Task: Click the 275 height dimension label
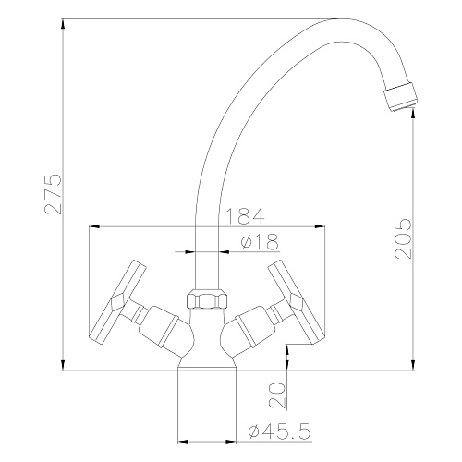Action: [54, 194]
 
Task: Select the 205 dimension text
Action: [403, 238]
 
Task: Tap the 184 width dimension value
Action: [245, 216]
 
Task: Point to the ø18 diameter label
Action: [260, 241]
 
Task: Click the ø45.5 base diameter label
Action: [279, 431]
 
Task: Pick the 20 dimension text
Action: [277, 395]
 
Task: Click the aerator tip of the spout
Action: [401, 96]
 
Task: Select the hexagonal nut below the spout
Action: [207, 298]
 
